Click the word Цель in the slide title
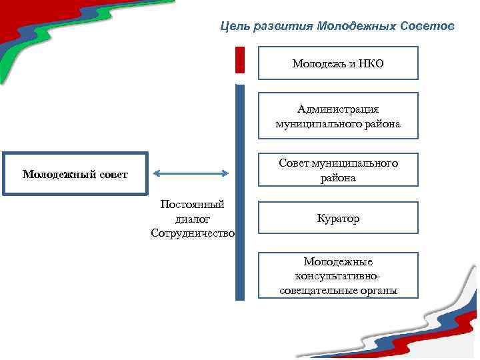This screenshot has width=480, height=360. pos(234,27)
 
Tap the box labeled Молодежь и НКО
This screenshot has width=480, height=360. pos(338,63)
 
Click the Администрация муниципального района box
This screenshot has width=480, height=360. pos(338,116)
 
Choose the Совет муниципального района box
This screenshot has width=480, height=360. pos(338,171)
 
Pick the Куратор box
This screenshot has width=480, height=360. pos(338,218)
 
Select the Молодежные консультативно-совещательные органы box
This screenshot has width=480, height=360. pos(338,275)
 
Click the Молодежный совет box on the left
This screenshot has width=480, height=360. pos(75,175)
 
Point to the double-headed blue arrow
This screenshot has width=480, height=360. pos(191,173)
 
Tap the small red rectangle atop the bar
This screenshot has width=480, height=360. pos(240,59)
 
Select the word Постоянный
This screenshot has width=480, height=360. pos(193,204)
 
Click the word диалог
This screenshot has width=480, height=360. pos(193,218)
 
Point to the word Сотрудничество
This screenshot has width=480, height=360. pos(193,233)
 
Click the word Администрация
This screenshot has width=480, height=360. pos(338,109)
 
